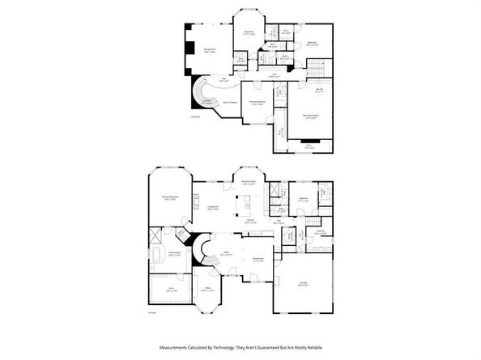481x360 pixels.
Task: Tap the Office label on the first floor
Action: (x=208, y=288)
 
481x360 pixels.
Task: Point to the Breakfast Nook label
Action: (x=249, y=182)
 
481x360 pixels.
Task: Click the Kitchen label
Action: (x=251, y=221)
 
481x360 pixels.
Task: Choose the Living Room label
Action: (x=211, y=208)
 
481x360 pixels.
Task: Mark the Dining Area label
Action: (x=258, y=259)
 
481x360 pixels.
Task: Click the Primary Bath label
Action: (x=173, y=252)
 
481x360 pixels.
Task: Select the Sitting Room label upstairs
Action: (x=208, y=49)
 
